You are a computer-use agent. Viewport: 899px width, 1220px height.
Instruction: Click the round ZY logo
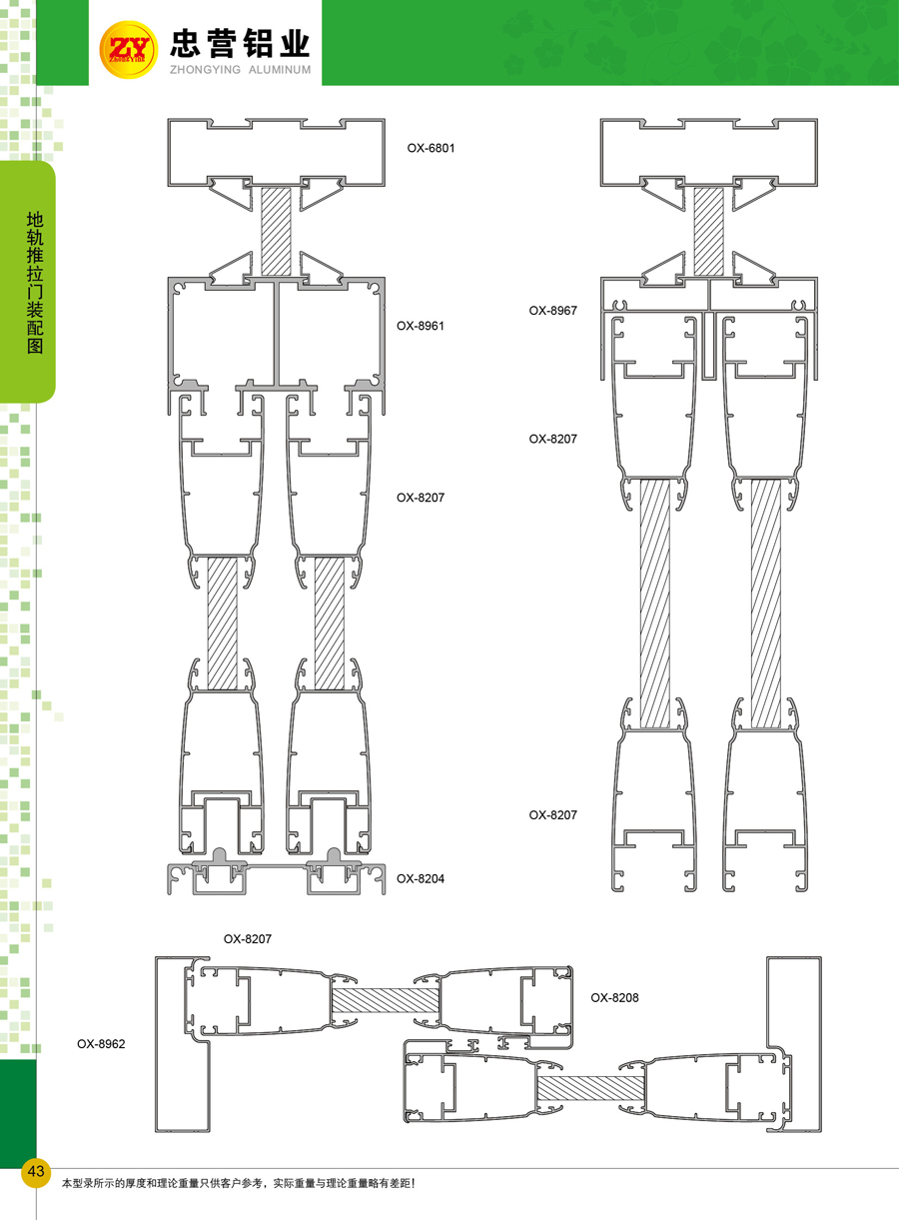pos(129,50)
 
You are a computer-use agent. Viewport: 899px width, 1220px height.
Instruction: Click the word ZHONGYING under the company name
pos(205,70)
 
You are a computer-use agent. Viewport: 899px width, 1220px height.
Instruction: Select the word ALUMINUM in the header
pos(280,70)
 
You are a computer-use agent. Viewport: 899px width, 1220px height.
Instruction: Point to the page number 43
pos(36,1170)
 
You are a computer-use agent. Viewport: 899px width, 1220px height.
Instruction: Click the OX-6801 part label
pos(431,148)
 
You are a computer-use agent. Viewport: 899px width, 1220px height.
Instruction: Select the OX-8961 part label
pos(421,326)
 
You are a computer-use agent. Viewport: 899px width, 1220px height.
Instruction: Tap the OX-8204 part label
pos(421,878)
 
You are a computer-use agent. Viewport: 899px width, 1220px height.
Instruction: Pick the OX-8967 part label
pos(552,311)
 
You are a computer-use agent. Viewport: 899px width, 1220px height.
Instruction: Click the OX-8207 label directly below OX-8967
pos(552,439)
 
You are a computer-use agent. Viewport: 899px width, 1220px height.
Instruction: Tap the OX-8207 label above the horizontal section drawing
pos(247,939)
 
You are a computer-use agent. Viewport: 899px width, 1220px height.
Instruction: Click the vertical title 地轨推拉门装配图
pos(35,283)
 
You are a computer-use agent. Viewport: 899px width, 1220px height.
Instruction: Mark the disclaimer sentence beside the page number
pos(239,1183)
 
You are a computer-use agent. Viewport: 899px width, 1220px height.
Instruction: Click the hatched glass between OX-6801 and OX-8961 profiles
pos(276,232)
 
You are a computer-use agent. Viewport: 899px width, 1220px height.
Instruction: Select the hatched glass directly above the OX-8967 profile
pos(709,232)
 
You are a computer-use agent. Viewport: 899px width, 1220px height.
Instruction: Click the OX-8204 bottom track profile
pos(276,872)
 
